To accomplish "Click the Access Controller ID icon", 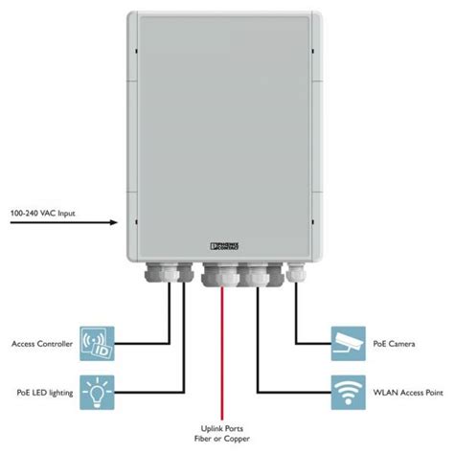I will [97, 343].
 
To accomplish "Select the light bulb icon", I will [97, 391].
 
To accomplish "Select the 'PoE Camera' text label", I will [394, 343].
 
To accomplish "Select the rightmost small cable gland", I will [294, 274].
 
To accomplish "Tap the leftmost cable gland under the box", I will [153, 276].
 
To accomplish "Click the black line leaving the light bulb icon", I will [144, 391].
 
